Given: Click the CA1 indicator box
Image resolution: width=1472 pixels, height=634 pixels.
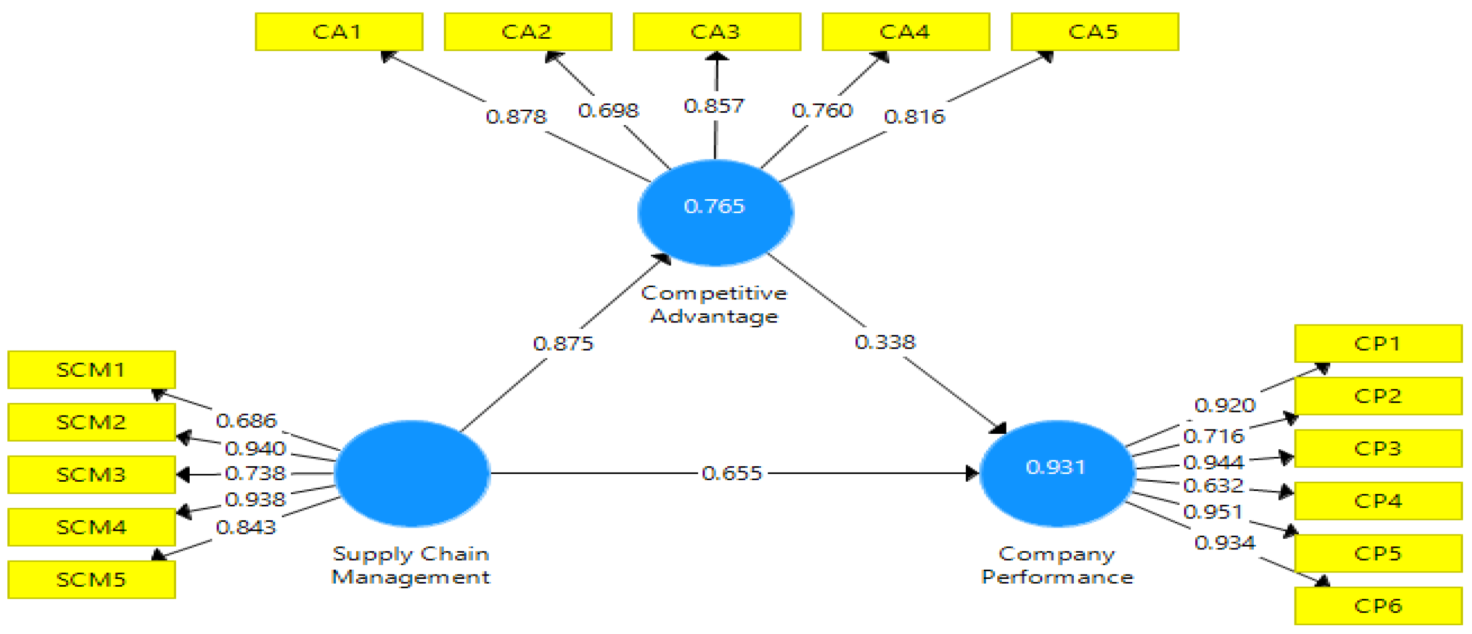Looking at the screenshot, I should coord(339,32).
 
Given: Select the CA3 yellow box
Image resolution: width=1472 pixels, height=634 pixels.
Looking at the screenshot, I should coord(717,32).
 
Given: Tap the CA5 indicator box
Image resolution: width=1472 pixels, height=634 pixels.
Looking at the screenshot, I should coord(1094,32).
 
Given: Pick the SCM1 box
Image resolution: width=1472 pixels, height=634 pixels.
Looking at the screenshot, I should coord(91,369).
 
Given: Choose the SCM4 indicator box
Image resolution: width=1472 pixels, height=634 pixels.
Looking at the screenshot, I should coord(91,527).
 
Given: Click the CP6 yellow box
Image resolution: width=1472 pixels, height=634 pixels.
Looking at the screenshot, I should coord(1378,605).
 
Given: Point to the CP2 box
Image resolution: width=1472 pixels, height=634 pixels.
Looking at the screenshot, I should coord(1378,396).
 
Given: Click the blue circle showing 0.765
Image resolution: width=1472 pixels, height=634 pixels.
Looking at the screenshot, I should coord(715,212).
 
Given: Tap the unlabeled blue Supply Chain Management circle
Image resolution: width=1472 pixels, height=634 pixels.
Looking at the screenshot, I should coord(411,473).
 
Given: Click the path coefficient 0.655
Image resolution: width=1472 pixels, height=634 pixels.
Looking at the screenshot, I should coord(732,473).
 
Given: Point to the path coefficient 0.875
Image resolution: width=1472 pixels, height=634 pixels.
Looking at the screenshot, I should coord(563,343).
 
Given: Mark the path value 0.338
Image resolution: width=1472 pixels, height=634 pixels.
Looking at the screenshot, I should coord(885,342).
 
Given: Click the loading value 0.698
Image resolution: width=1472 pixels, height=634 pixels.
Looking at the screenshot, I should coord(608,110).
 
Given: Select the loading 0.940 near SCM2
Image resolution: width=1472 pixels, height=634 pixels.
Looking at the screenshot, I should coord(255,448).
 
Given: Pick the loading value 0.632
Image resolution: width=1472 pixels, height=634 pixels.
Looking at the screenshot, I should coord(1213,486).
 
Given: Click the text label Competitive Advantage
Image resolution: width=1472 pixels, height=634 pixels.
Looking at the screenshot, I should coord(714,305).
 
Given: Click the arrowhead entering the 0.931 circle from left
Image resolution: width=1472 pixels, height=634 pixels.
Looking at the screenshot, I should coord(972,473).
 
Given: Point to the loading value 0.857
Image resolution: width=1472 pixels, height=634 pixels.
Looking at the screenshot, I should coord(714,105).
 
